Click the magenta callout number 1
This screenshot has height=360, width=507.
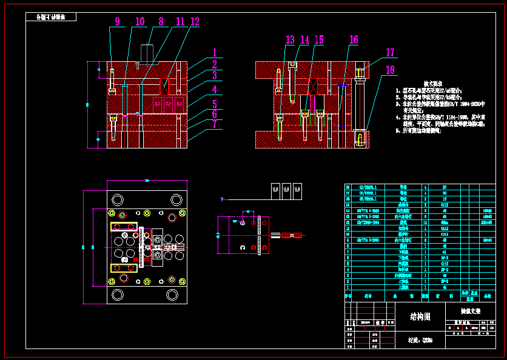pyautogui.click(x=215, y=53)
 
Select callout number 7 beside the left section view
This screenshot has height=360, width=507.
pyautogui.click(x=215, y=125)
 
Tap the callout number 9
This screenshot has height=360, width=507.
pyautogui.click(x=117, y=22)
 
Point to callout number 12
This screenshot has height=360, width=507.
pyautogui.click(x=194, y=22)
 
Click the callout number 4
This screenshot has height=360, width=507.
pyautogui.click(x=215, y=89)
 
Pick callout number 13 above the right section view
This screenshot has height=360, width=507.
pyautogui.click(x=290, y=40)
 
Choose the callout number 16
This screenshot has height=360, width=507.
pyautogui.click(x=354, y=40)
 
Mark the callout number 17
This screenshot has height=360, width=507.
pyautogui.click(x=391, y=53)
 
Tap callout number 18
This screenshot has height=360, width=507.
pyautogui.click(x=391, y=70)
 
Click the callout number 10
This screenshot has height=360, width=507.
pyautogui.click(x=140, y=22)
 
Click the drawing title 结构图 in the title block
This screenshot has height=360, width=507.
pyautogui.click(x=420, y=317)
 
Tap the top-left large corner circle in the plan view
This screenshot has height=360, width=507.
pyautogui.click(x=116, y=199)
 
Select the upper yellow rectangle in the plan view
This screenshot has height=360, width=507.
pyautogui.click(x=124, y=227)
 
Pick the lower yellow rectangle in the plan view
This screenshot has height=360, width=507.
pyautogui.click(x=124, y=268)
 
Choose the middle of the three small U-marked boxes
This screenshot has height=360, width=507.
pyautogui.click(x=286, y=191)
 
